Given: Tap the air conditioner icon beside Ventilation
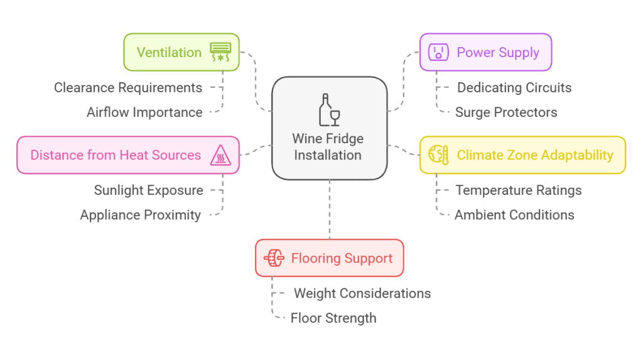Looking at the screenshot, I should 220,52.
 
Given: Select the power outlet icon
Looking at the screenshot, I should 438,52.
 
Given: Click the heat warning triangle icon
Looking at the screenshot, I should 220,155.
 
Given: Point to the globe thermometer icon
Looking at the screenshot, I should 438,155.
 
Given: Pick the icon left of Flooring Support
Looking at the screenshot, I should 274,258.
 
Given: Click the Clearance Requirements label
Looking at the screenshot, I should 128,87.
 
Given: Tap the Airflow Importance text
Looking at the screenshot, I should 144,112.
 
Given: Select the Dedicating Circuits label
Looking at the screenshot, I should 514,87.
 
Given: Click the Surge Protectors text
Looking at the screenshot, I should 506,112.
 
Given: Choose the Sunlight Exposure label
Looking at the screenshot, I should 149,190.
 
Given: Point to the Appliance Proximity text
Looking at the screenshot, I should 141,215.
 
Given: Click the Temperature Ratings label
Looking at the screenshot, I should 519,190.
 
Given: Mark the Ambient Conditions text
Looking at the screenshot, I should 514,215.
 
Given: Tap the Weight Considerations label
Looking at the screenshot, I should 362,293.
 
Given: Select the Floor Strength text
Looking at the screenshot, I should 333,318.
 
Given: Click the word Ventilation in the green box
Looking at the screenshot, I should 169,52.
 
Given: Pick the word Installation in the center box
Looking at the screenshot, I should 328,155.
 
